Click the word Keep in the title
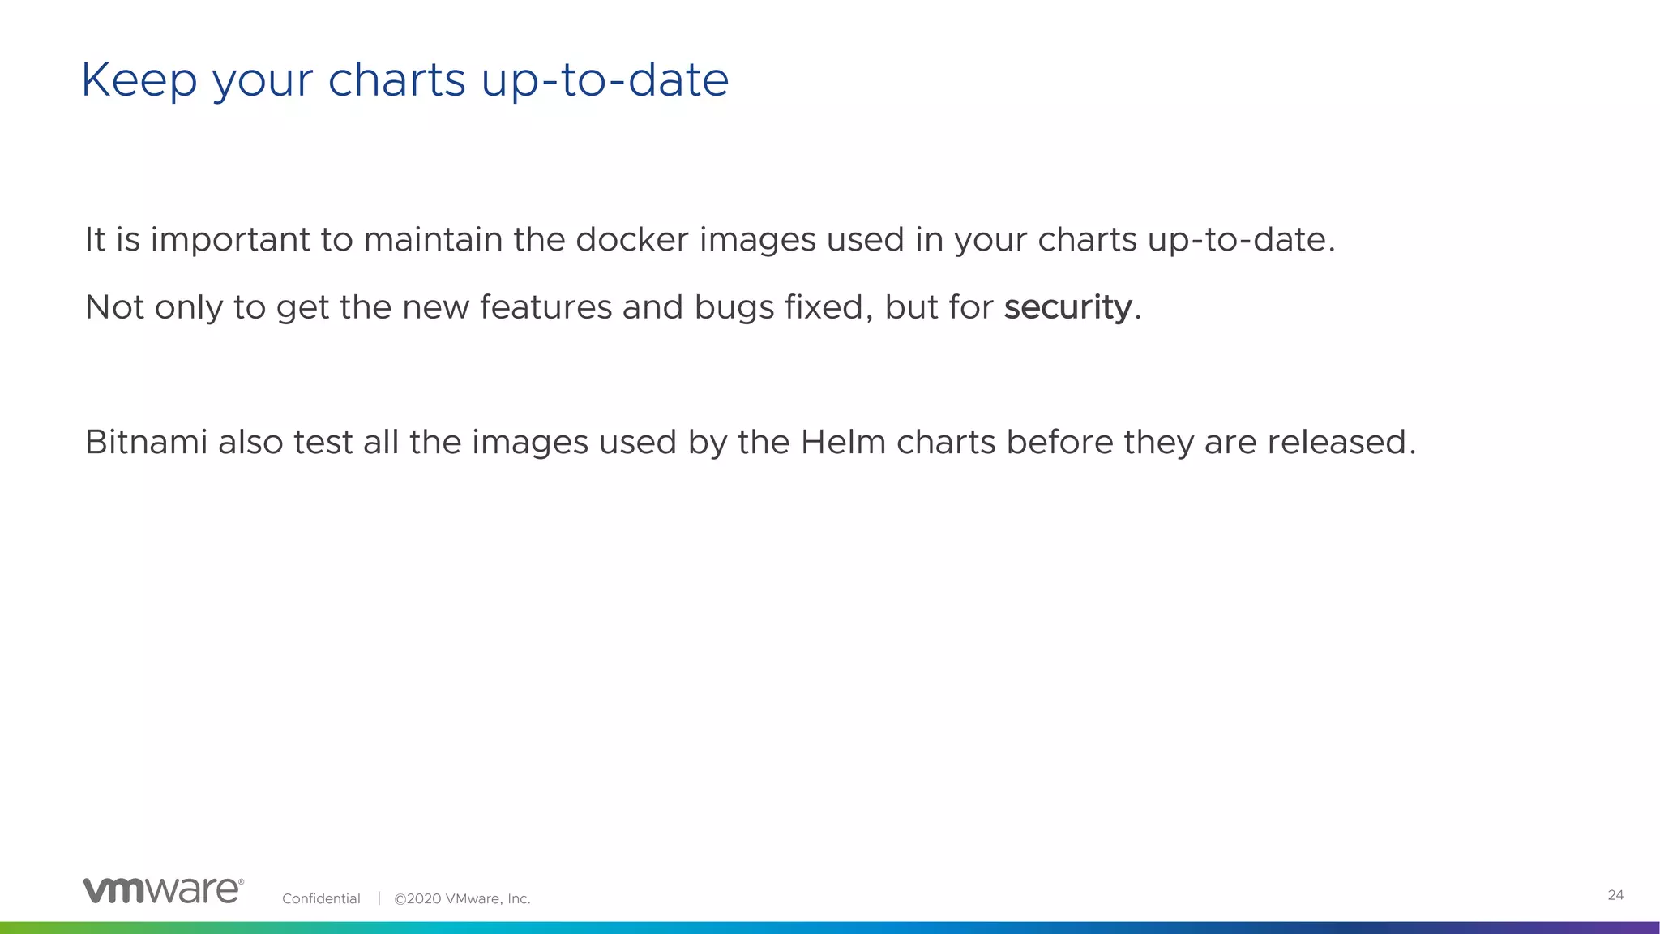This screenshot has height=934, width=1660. (x=139, y=80)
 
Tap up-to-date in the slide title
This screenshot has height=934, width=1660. (x=605, y=80)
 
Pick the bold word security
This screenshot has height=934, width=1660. (x=1067, y=308)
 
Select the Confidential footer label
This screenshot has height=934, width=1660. (x=321, y=898)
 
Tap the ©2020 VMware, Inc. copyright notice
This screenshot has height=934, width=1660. (x=462, y=898)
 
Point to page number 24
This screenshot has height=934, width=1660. (x=1615, y=895)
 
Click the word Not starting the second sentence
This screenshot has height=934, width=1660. (x=114, y=307)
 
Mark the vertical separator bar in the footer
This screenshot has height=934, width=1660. (x=379, y=898)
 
